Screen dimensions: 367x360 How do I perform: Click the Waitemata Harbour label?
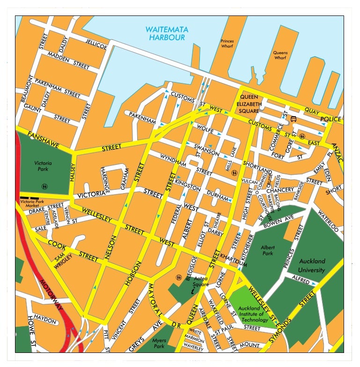(x=167, y=33)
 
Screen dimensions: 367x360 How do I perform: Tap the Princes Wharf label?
(x=227, y=44)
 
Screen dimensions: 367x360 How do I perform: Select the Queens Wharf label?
(x=280, y=55)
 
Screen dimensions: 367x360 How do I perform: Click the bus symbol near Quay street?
(x=294, y=119)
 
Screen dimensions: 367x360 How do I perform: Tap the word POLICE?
(x=331, y=120)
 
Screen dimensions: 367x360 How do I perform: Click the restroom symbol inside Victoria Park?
(x=44, y=186)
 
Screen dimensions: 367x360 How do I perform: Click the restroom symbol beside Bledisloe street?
(x=179, y=277)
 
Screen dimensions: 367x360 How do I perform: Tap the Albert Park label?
(x=268, y=250)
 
